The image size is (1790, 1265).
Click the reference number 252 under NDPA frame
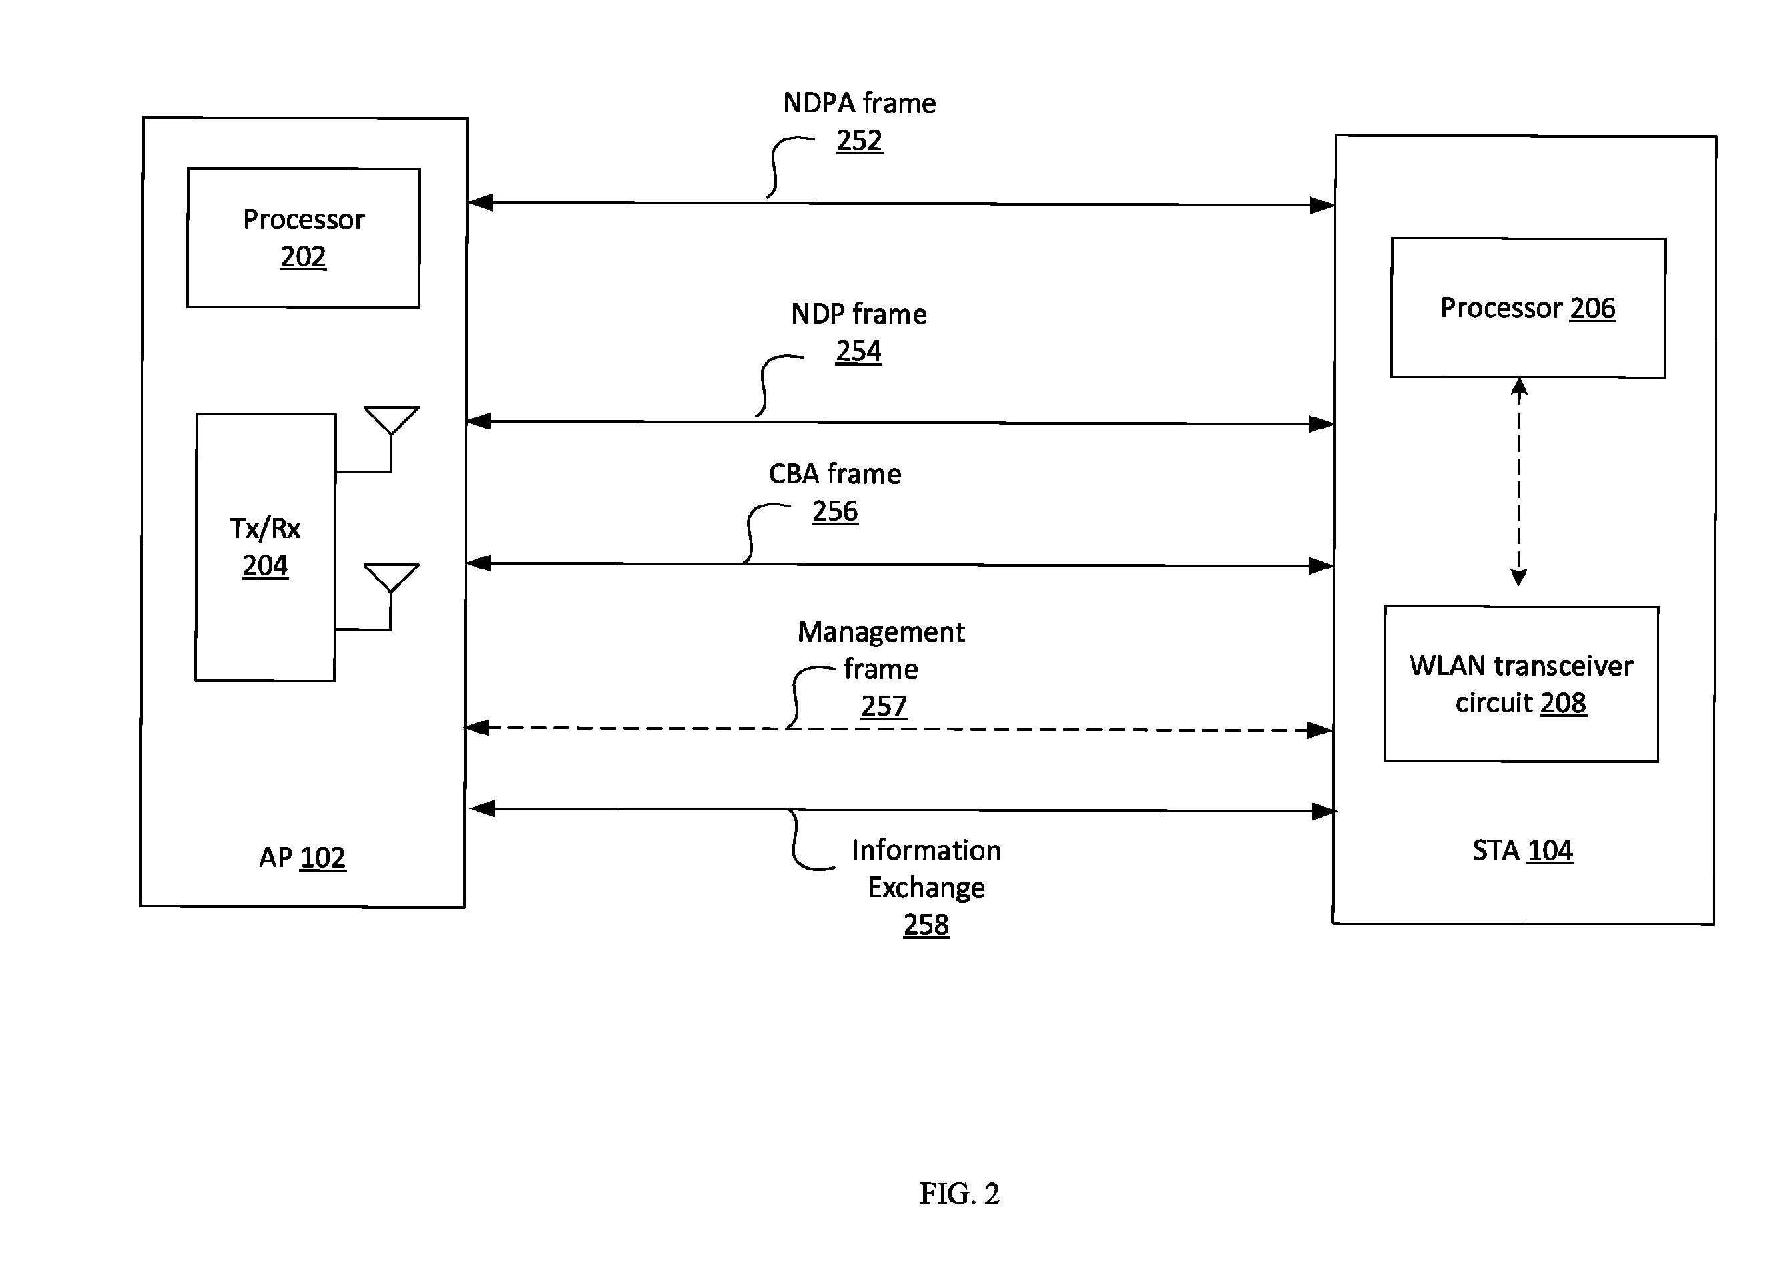tap(859, 140)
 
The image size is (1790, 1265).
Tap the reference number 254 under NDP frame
tap(858, 352)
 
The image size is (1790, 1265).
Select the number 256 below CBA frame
tap(835, 511)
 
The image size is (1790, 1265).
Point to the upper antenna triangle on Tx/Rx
tap(391, 420)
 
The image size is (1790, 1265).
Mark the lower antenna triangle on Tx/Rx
tap(391, 578)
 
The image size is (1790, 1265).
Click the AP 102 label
tap(302, 858)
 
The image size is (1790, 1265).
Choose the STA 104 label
tap(1522, 850)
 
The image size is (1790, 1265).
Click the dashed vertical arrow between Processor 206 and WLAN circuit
tap(1518, 482)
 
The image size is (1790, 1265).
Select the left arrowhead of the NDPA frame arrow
tap(481, 203)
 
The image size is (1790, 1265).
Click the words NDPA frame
tap(859, 103)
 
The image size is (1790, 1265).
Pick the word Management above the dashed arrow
tap(881, 631)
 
